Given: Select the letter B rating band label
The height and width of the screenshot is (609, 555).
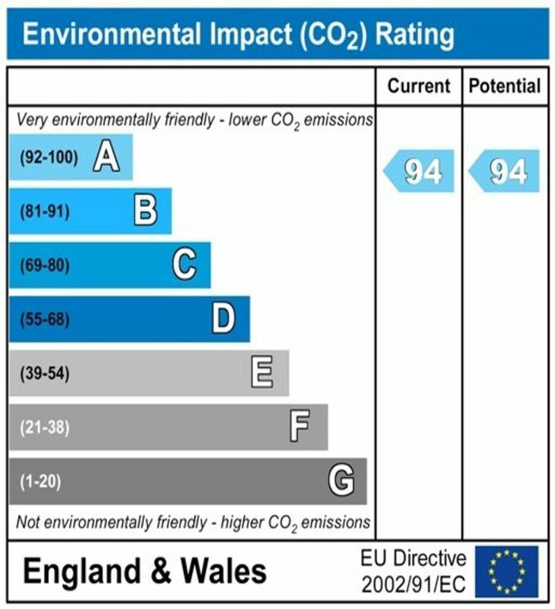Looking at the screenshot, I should [145, 211].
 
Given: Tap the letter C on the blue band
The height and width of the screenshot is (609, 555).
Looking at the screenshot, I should [184, 265].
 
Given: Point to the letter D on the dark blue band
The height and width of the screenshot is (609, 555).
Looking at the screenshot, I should [224, 319].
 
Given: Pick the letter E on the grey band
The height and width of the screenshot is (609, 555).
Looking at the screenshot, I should [262, 373].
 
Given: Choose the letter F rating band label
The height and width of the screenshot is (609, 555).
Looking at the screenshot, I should [300, 427].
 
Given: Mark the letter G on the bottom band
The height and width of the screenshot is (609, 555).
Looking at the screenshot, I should [341, 481].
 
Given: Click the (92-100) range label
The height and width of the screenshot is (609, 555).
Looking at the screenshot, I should [49, 158].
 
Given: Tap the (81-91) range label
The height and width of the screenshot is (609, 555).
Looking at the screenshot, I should [45, 212].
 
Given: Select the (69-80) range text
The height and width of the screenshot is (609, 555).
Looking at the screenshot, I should [45, 265].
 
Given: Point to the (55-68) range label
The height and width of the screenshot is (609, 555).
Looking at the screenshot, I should [45, 320].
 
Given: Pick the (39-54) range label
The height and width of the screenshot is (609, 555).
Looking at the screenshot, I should [45, 374].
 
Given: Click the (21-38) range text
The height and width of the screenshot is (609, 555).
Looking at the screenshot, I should [45, 428].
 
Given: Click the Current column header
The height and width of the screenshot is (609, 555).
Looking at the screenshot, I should [419, 86].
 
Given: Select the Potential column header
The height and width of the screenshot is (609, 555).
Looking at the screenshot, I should [505, 86].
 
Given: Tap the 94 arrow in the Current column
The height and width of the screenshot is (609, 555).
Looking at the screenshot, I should [419, 171].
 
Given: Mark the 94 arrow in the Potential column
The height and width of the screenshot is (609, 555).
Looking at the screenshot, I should [505, 171].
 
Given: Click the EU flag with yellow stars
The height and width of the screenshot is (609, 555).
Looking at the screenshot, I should [506, 572].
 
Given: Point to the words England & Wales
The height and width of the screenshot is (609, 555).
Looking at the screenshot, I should [145, 572].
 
